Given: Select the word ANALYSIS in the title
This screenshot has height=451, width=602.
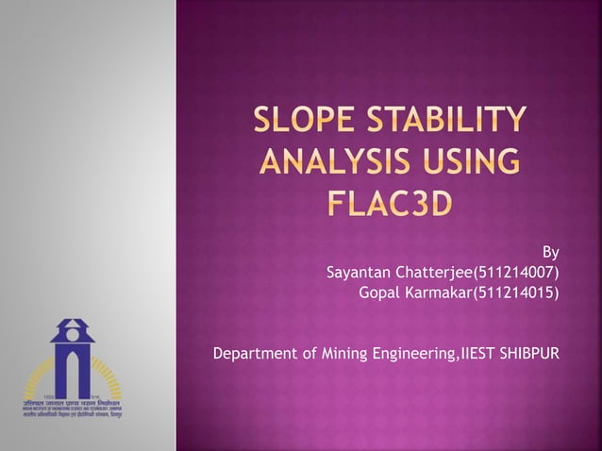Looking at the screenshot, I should tap(327, 162).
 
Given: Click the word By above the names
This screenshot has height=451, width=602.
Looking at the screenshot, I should tap(551, 253).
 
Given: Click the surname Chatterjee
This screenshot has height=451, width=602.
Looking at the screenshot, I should tap(439, 274).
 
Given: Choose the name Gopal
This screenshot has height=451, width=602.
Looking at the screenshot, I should tap(380, 293).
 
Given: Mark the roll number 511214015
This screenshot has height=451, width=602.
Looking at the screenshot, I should tap(519, 293).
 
